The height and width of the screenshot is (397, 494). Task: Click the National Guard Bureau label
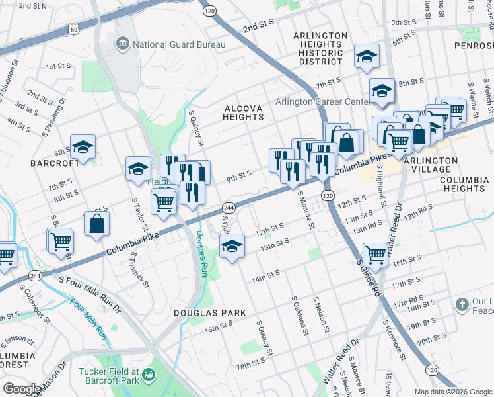(x=179, y=45)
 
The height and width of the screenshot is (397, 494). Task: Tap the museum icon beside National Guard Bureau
(x=123, y=45)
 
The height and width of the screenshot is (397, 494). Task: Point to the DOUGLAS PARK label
(x=209, y=313)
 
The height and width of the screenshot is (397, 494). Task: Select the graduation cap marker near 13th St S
(x=231, y=247)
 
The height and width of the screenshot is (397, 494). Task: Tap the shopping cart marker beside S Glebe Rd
(x=375, y=254)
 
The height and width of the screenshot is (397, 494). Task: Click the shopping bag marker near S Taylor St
(x=97, y=224)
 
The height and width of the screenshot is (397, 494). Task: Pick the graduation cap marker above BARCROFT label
(x=83, y=147)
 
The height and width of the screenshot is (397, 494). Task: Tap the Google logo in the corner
(x=22, y=389)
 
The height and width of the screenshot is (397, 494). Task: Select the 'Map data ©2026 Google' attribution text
(x=452, y=392)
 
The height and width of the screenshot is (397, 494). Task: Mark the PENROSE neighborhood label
(x=474, y=46)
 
